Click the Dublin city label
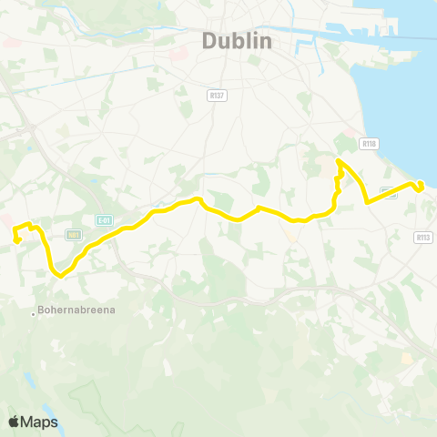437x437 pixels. point(236,41)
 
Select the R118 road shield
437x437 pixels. point(369,143)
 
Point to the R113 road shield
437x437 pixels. point(422,238)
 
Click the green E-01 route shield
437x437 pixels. point(104,219)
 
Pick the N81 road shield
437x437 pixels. point(75,234)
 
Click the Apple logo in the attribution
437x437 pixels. point(15,422)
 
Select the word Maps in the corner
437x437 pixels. point(41,422)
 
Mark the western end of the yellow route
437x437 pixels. point(16,240)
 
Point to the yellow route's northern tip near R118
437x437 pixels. point(338,161)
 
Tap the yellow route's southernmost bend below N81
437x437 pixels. point(58,274)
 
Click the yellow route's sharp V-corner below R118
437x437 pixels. point(366,200)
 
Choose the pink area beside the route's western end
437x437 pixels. point(5,221)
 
